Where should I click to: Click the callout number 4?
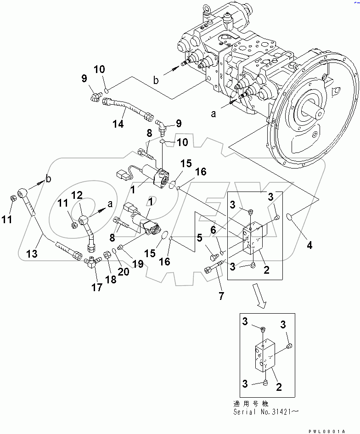[x=309, y=245]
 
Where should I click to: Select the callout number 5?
[x=199, y=238]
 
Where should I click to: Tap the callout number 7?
[x=221, y=296]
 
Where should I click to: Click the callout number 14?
[x=118, y=124]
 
